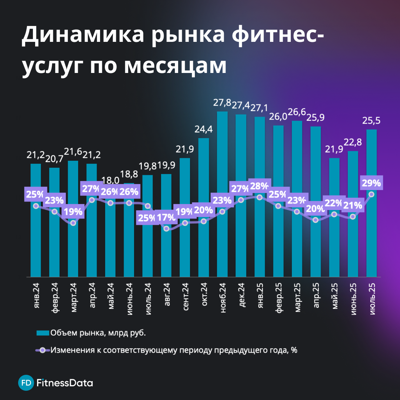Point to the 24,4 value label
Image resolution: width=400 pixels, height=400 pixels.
(x=203, y=130)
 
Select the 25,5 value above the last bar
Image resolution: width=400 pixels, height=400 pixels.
(x=371, y=121)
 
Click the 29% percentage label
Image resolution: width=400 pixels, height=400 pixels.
(x=371, y=183)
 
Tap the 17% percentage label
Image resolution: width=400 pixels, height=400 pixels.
(x=166, y=217)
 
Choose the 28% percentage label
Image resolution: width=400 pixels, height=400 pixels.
(x=259, y=186)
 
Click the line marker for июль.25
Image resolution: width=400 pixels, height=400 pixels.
(x=371, y=194)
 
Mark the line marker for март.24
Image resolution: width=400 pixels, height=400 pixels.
(x=73, y=223)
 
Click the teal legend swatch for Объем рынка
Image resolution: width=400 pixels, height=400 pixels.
(x=43, y=333)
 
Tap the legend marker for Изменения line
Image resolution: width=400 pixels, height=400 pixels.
(x=43, y=350)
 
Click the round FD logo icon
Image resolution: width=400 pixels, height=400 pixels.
(x=25, y=383)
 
